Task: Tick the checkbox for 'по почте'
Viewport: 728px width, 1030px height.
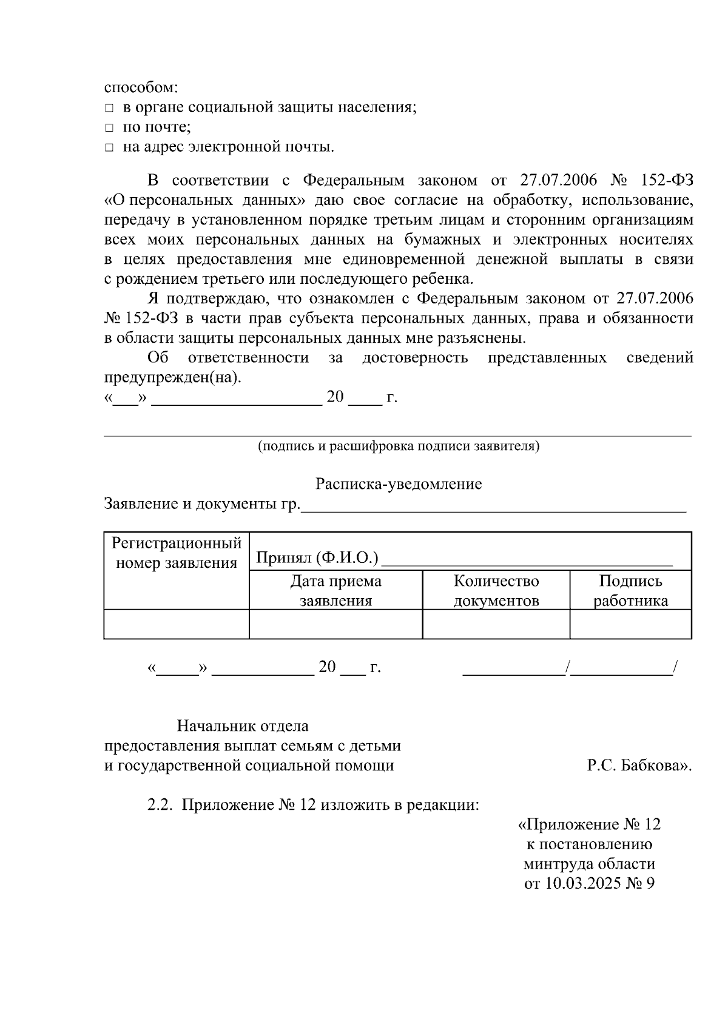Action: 109,128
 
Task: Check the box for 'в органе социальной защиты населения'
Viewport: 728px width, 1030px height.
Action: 109,109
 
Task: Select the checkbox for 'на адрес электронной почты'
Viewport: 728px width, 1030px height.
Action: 109,147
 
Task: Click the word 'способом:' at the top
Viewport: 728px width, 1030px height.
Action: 141,88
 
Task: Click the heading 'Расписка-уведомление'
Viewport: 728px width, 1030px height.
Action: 398,484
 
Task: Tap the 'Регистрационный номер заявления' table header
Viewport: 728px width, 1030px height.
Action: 177,552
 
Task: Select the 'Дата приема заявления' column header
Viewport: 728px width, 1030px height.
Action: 335,590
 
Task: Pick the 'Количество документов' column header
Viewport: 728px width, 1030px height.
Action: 496,590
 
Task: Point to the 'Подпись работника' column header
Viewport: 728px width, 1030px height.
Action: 630,590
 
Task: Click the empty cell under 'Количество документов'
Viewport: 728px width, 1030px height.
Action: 496,624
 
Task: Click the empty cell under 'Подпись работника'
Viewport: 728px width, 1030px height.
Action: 630,624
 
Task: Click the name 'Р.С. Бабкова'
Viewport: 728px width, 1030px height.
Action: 637,766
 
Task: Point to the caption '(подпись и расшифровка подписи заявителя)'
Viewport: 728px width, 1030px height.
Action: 399,446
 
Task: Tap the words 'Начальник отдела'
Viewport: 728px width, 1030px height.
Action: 243,726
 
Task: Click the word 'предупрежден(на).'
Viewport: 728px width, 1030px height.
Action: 173,378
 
